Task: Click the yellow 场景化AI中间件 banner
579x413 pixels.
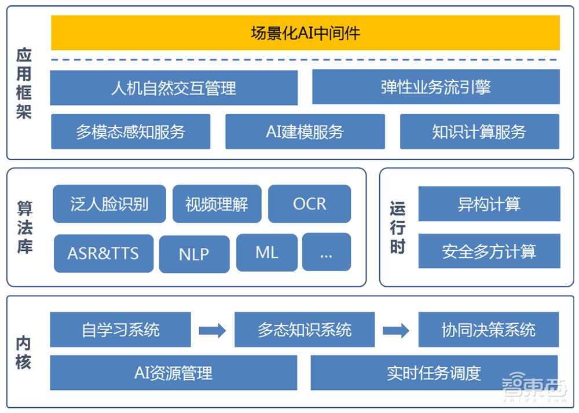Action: [305, 32]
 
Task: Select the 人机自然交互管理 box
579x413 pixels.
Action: [174, 87]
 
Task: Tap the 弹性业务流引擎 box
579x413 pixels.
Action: [435, 87]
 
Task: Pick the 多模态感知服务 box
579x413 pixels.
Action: [130, 131]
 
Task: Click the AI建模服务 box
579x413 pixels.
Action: [305, 131]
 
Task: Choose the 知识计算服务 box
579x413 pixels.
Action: [479, 131]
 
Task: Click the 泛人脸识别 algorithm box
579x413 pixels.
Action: [109, 204]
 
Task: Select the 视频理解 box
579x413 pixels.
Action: [217, 204]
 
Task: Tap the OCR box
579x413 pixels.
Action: [309, 204]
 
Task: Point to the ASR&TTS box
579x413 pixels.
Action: [104, 254]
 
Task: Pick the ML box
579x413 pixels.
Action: [266, 253]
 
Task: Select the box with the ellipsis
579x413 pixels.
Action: [326, 252]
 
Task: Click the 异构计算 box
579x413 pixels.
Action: [489, 204]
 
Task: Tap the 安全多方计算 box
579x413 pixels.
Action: [489, 251]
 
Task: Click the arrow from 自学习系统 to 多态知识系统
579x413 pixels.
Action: [212, 330]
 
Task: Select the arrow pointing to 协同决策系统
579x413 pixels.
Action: [396, 330]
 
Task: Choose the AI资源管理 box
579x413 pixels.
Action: [173, 372]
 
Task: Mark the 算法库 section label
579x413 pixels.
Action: [24, 227]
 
